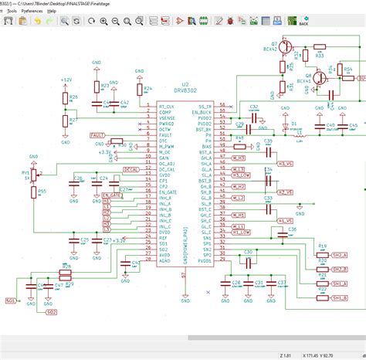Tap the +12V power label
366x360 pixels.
(x=66, y=80)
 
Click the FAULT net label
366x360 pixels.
(x=97, y=135)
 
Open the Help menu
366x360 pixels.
(x=52, y=12)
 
